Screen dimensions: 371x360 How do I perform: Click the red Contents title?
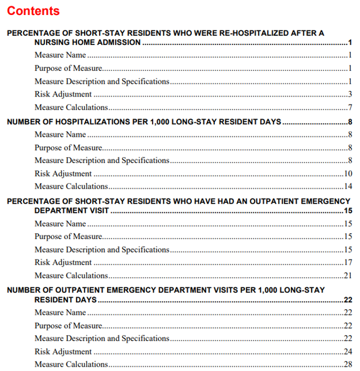click(x=33, y=11)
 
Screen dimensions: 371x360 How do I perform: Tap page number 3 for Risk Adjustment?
click(x=349, y=95)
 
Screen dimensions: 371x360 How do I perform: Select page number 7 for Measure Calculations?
click(x=349, y=108)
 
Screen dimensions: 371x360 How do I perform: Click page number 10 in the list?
click(x=348, y=174)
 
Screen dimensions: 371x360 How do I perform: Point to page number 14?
click(x=348, y=187)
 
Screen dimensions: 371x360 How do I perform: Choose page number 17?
click(x=348, y=263)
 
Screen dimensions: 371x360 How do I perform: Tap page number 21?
click(x=348, y=276)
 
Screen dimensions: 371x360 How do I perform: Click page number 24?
click(x=348, y=352)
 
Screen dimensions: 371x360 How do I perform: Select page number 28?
click(x=348, y=365)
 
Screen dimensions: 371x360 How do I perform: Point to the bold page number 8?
click(x=349, y=122)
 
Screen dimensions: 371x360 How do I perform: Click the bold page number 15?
click(x=348, y=211)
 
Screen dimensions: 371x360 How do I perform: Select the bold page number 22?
click(x=348, y=300)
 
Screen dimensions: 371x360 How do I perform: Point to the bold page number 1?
click(x=349, y=42)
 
